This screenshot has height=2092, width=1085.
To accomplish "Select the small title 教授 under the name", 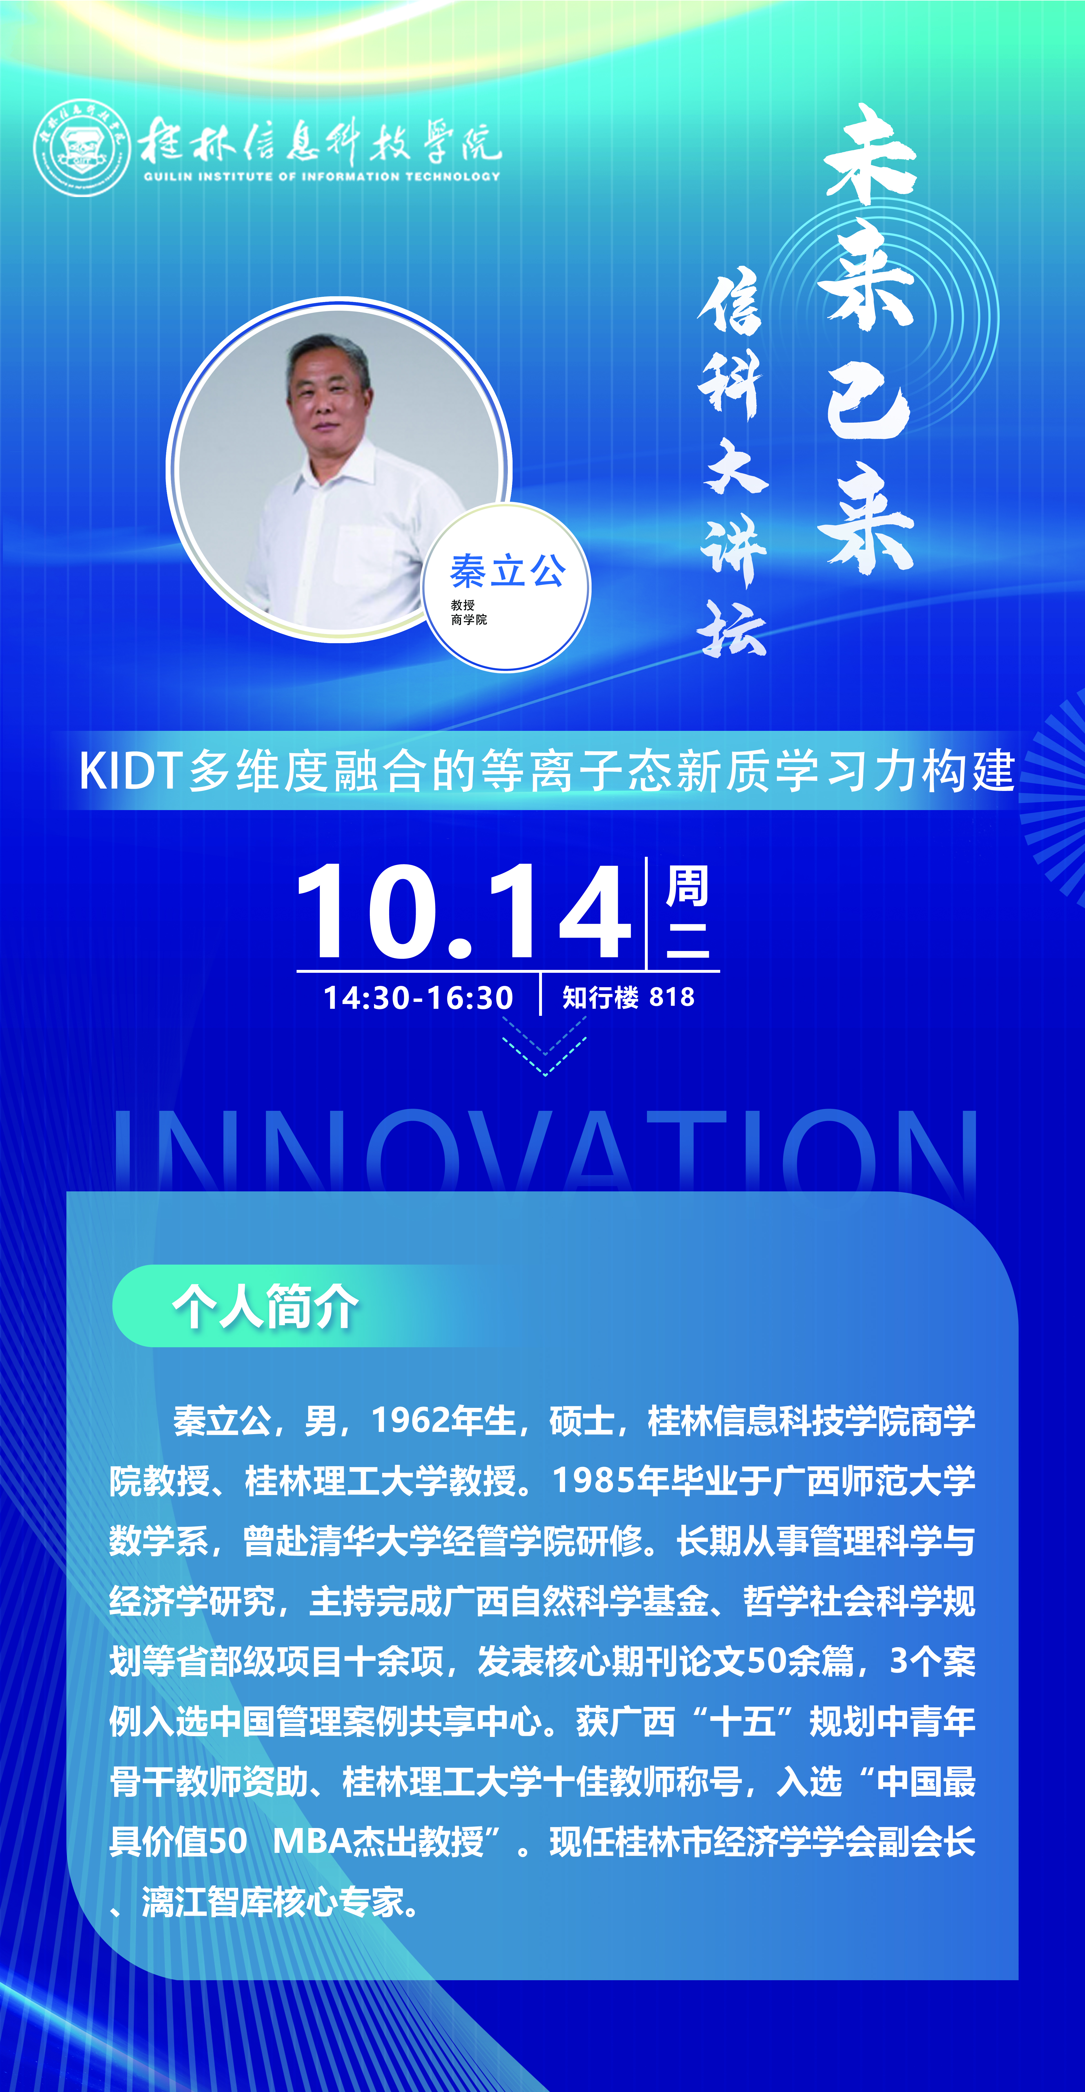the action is click(463, 605).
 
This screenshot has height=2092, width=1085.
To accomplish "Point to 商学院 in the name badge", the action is click(470, 620).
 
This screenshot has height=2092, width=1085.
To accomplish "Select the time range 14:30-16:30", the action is click(418, 997).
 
